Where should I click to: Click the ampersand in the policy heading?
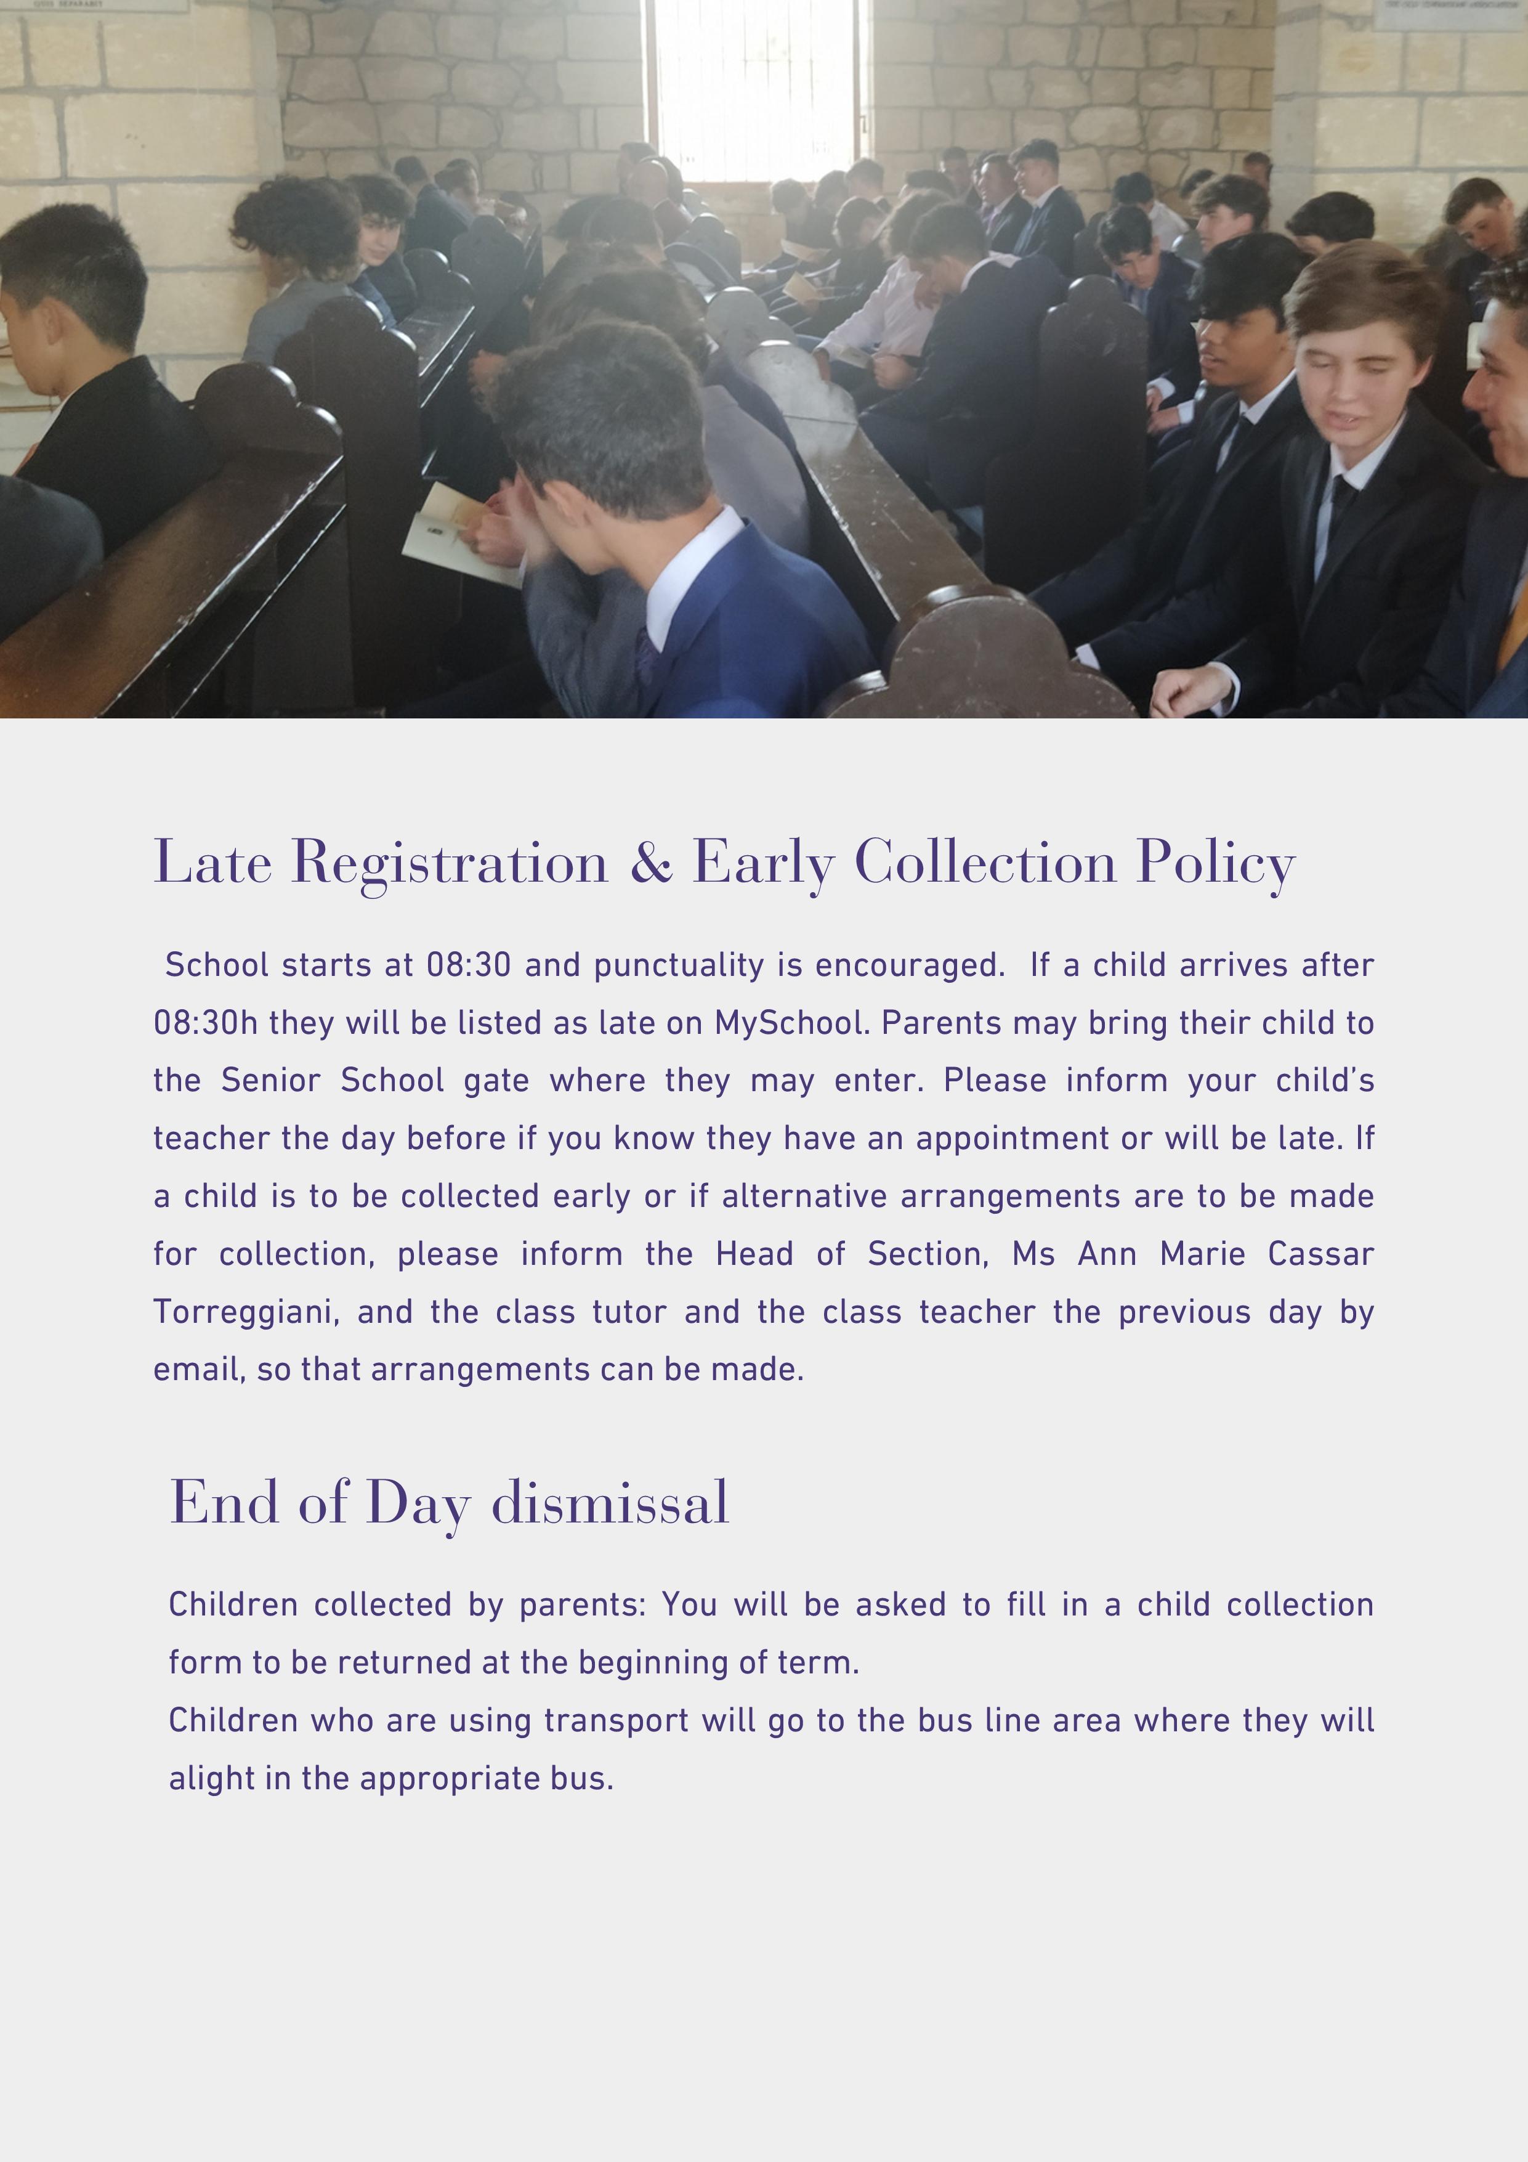tap(650, 861)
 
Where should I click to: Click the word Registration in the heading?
tap(450, 861)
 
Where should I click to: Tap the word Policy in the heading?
tap(1215, 861)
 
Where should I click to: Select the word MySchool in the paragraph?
tap(791, 1023)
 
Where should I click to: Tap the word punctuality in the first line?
tap(679, 965)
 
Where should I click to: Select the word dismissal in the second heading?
tap(610, 1502)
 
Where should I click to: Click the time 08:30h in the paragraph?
tap(205, 1023)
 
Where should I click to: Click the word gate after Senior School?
tap(496, 1081)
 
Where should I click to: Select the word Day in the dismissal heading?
tap(416, 1502)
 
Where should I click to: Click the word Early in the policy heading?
tap(762, 861)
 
